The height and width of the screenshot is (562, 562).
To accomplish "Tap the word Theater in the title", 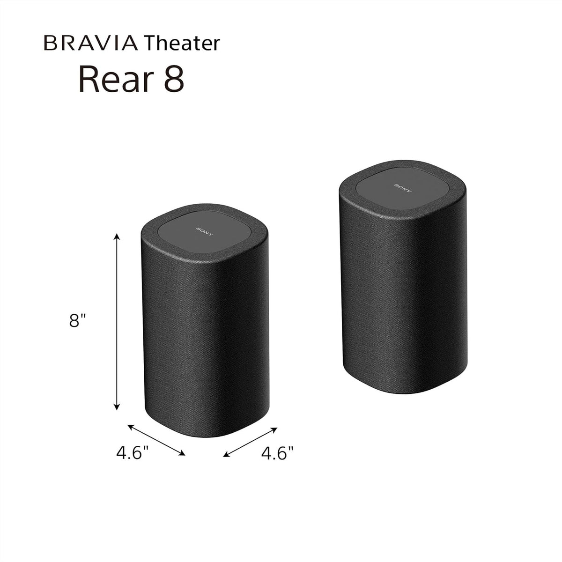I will (x=182, y=44).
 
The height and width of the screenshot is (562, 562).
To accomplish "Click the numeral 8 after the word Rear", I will (x=174, y=80).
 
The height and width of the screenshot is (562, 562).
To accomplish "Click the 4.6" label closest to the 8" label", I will (x=133, y=453).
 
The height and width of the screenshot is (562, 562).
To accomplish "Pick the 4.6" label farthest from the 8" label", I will (x=277, y=453).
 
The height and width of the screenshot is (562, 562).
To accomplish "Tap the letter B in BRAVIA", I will (x=49, y=44).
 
